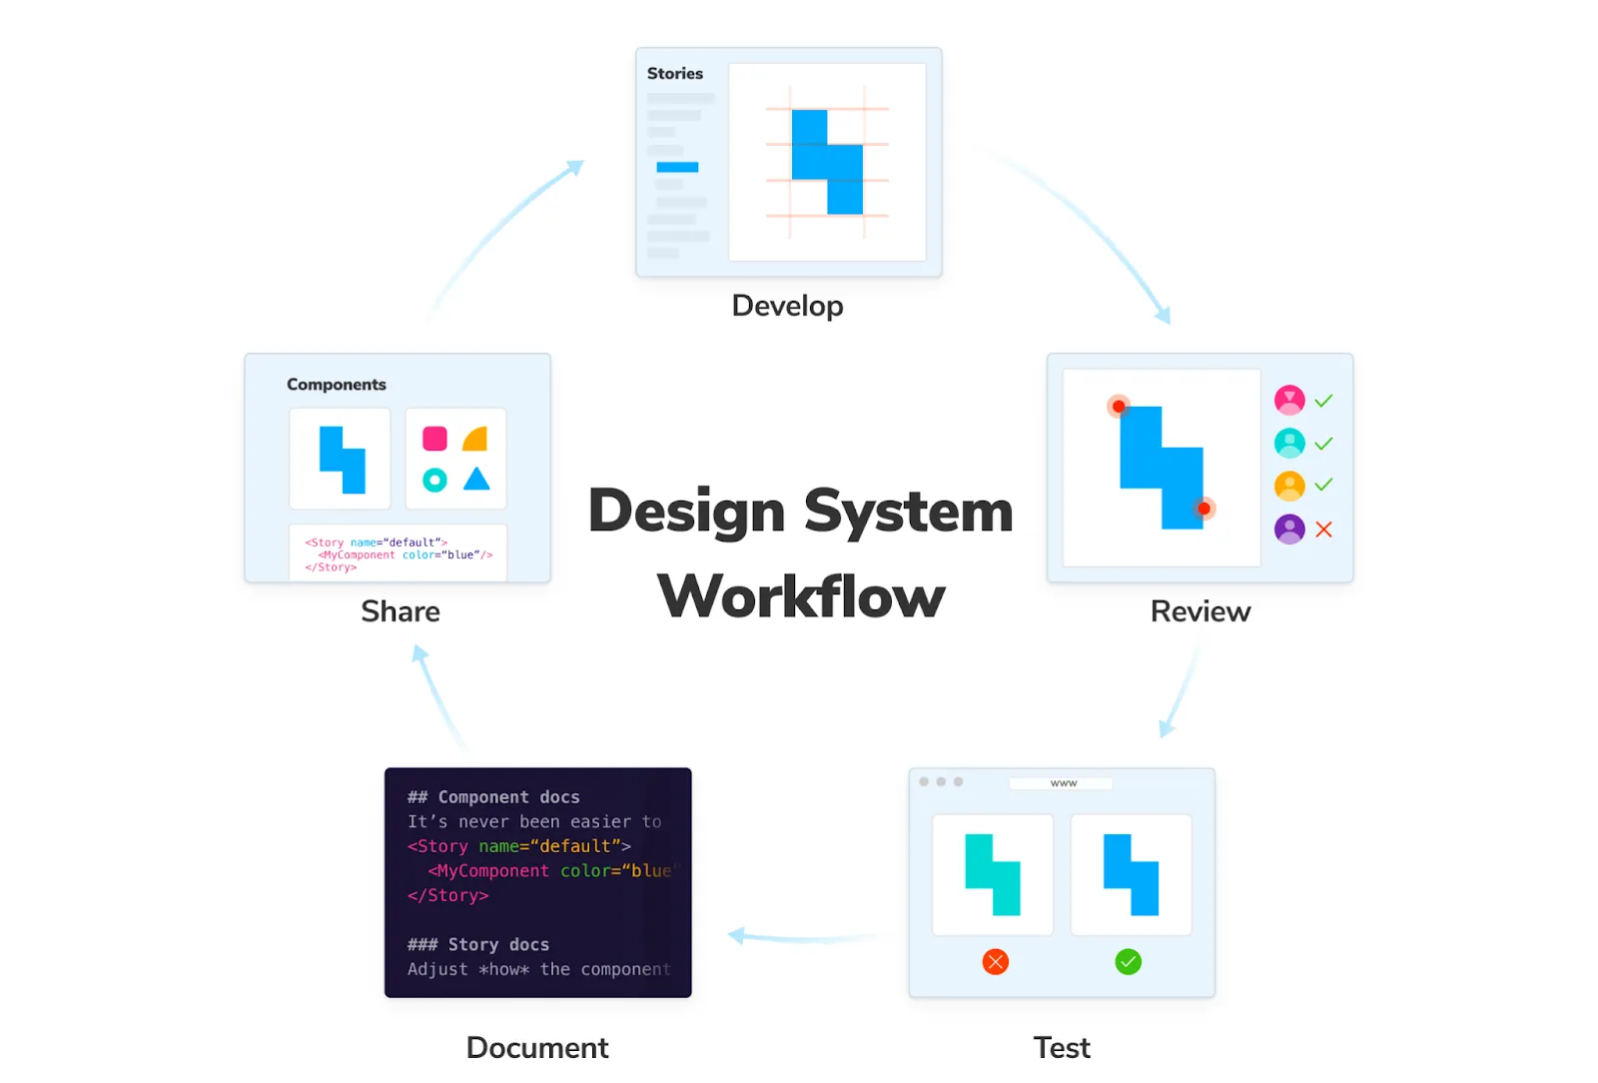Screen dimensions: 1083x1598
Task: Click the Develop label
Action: click(x=787, y=306)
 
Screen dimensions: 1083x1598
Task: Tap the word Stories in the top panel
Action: click(x=675, y=74)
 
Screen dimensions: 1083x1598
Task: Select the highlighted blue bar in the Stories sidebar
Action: click(x=677, y=167)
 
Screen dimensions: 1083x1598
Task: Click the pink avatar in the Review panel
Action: click(x=1289, y=401)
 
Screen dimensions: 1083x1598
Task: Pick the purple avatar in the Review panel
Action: click(x=1289, y=529)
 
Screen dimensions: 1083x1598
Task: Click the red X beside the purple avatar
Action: click(x=1324, y=530)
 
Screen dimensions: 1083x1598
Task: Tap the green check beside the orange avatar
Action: click(x=1324, y=485)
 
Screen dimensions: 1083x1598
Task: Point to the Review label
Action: click(x=1199, y=611)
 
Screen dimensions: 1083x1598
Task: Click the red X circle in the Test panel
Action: click(x=996, y=962)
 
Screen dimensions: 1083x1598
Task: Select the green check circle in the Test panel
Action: click(x=1129, y=962)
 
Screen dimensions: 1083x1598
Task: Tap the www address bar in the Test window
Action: click(x=1062, y=783)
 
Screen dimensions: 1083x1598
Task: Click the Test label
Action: click(x=1062, y=1048)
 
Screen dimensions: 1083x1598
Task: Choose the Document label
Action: click(x=537, y=1048)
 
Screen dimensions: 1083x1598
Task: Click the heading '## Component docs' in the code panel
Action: click(x=493, y=797)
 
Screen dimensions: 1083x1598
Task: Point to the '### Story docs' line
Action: click(x=478, y=945)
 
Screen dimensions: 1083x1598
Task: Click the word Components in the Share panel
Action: click(x=337, y=385)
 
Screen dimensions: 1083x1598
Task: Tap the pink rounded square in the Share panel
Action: click(x=435, y=439)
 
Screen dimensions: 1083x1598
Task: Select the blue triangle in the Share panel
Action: click(x=477, y=480)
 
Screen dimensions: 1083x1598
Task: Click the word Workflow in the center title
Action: click(x=801, y=597)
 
